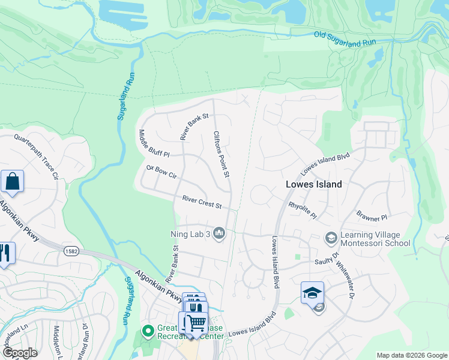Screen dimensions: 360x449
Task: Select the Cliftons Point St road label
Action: pyautogui.click(x=220, y=154)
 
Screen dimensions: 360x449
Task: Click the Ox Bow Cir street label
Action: pyautogui.click(x=161, y=172)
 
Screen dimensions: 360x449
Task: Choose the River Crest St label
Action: pyautogui.click(x=202, y=202)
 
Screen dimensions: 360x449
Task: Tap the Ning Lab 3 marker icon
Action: pyautogui.click(x=219, y=233)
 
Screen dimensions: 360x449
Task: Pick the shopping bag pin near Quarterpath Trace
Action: pyautogui.click(x=12, y=181)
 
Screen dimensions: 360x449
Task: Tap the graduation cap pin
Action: pyautogui.click(x=313, y=293)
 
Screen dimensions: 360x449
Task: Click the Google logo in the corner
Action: pyautogui.click(x=19, y=352)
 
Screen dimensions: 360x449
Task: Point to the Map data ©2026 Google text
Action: pyautogui.click(x=412, y=355)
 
